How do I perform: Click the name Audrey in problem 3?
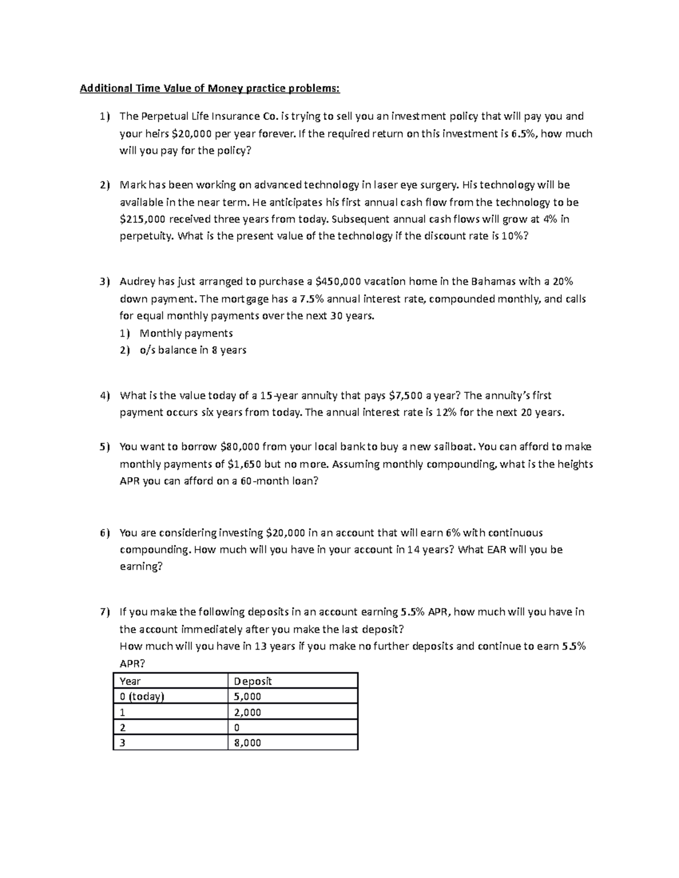(x=137, y=282)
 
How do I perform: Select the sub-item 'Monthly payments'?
(x=186, y=333)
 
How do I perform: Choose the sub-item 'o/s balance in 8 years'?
(x=193, y=350)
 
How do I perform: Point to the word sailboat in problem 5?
(x=454, y=447)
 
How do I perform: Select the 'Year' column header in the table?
(x=130, y=681)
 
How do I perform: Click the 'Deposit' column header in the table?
(x=253, y=681)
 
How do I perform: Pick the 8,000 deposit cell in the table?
(x=247, y=743)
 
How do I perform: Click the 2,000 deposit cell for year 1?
(x=247, y=712)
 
